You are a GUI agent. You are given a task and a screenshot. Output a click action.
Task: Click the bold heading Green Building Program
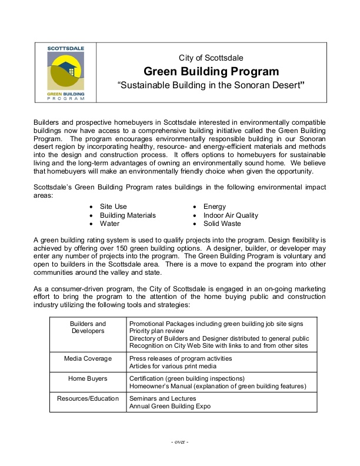211,72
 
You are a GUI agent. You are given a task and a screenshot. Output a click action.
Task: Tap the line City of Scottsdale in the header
211,58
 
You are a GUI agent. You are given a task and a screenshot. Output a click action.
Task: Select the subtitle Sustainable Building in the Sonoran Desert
211,86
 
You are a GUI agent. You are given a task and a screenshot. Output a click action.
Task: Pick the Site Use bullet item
113,207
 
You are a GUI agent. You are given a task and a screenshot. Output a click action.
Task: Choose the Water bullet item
109,224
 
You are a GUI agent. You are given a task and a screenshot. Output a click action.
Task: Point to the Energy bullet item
215,207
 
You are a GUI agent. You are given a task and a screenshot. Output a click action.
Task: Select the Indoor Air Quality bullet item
231,215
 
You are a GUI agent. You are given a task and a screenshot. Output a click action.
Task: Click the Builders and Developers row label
88,328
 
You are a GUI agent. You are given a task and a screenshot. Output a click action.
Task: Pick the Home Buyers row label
88,378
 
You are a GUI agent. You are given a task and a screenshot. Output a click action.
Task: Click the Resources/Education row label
88,398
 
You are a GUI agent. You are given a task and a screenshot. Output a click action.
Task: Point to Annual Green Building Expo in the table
171,406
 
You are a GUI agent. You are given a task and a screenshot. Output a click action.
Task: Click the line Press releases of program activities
182,357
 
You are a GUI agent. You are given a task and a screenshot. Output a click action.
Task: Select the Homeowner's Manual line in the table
218,386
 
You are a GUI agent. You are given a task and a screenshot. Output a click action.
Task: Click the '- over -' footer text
179,441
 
